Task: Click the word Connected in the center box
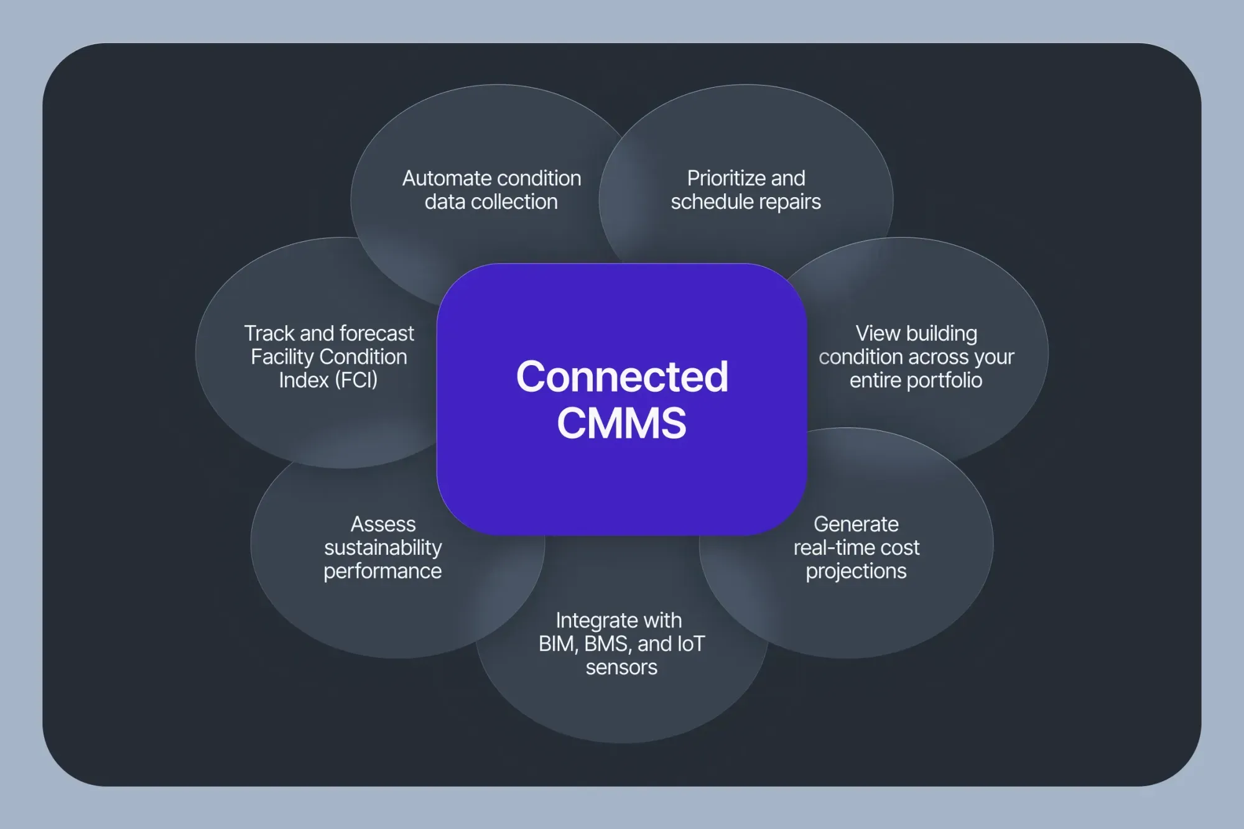coord(622,377)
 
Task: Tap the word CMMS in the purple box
coord(621,424)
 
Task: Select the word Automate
coord(441,178)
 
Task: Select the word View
coord(878,333)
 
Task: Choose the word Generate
coord(856,524)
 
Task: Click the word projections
coord(856,572)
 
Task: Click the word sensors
coord(621,667)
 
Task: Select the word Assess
coord(383,524)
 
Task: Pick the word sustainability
coord(383,548)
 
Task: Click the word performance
coord(383,572)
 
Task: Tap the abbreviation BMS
coord(607,644)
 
